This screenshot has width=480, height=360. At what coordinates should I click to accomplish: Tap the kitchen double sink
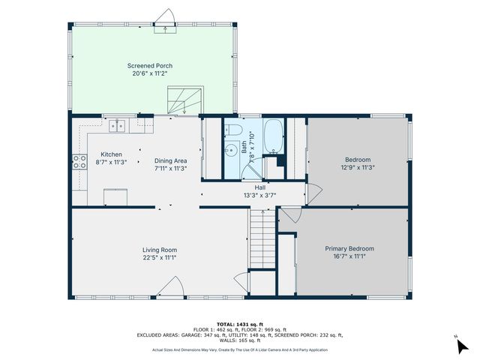[x=117, y=126]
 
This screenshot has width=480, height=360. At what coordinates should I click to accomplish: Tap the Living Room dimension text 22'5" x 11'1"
[x=159, y=257]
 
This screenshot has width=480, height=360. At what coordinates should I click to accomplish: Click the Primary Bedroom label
[x=349, y=248]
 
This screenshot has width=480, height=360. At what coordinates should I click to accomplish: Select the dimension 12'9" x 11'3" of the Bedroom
[x=357, y=167]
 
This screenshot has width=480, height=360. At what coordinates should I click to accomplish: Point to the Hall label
[x=259, y=187]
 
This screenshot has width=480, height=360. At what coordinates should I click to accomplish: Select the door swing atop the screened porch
[x=164, y=16]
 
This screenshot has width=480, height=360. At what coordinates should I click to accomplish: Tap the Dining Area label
[x=170, y=160]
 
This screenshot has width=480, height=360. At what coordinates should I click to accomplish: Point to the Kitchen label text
[x=111, y=154]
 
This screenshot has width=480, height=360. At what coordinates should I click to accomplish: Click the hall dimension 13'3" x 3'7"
[x=259, y=195]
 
